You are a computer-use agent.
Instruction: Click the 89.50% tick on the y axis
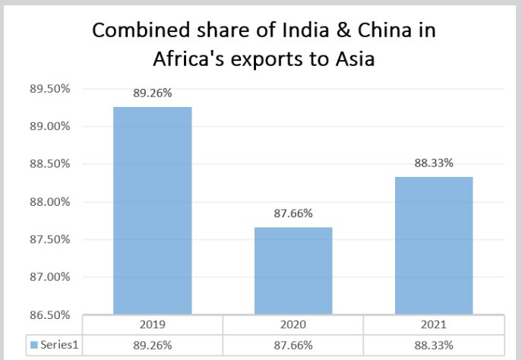(x=49, y=89)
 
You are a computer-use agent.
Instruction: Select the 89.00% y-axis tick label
(x=49, y=126)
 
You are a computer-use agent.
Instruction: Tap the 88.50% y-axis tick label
(x=49, y=164)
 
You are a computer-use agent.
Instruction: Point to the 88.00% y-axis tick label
(x=49, y=202)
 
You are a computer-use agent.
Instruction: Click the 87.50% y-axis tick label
(x=49, y=239)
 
